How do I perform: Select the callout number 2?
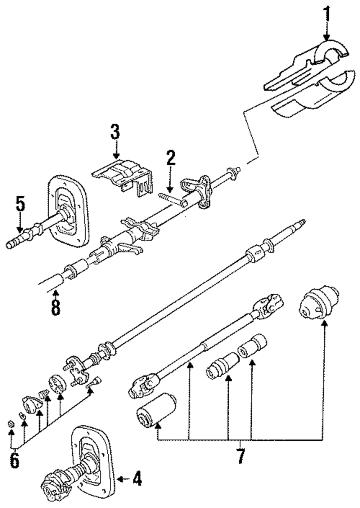click(x=171, y=158)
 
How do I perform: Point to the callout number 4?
click(x=137, y=478)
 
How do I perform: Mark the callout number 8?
click(x=56, y=308)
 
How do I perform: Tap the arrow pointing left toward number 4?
click(x=123, y=478)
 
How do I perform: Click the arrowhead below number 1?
click(x=327, y=37)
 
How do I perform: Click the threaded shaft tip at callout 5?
click(x=14, y=242)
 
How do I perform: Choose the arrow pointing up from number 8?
click(x=56, y=295)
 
